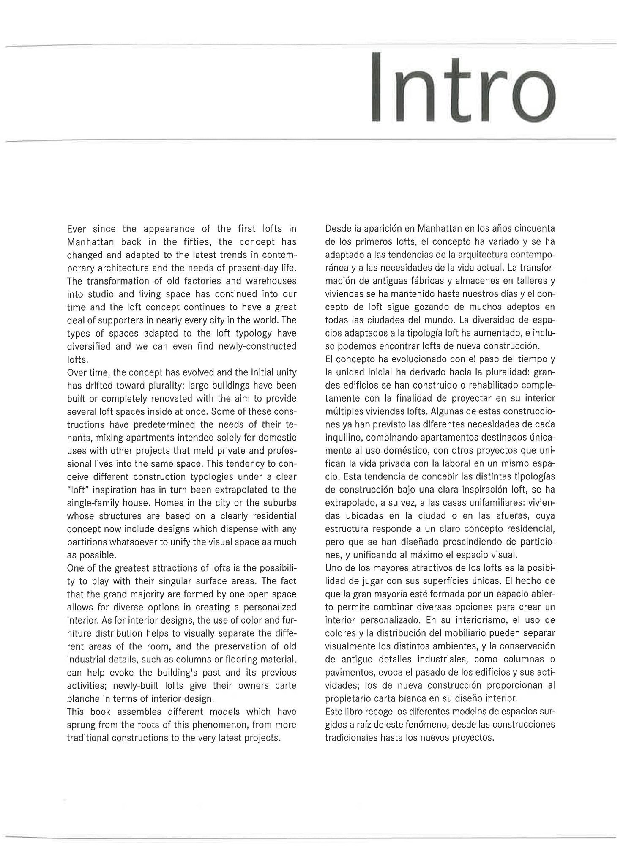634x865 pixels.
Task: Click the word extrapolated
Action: click(229, 490)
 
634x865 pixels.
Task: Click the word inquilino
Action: click(342, 438)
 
